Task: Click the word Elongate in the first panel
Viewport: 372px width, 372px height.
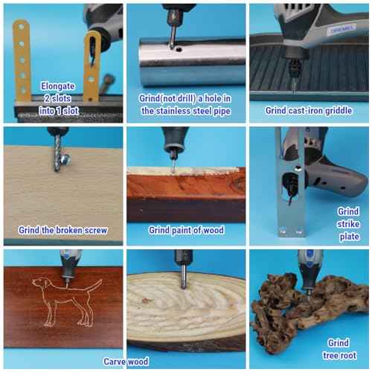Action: point(57,86)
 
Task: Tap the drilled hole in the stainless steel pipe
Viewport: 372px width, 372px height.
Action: point(179,50)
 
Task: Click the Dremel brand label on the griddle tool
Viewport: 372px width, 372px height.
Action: point(342,30)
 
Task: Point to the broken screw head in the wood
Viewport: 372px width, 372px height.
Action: point(66,160)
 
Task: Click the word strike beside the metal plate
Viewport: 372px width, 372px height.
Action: point(348,224)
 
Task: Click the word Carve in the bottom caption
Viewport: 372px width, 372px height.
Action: point(115,362)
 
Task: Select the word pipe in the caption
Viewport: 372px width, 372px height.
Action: point(222,111)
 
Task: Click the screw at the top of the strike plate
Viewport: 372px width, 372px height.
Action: point(298,169)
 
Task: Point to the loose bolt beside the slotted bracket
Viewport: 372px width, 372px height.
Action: point(105,84)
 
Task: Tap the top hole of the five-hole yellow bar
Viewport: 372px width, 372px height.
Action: point(21,26)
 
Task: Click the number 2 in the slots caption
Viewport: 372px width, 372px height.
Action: point(47,98)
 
